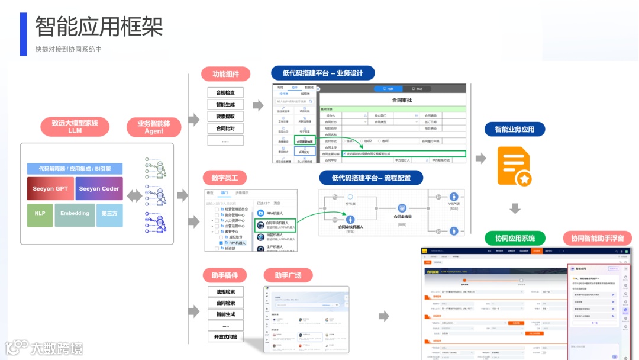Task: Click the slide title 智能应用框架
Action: (x=99, y=27)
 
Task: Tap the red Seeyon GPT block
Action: (x=50, y=189)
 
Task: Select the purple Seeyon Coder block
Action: (x=99, y=189)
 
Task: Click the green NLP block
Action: (x=40, y=214)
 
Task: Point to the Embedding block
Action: (x=75, y=214)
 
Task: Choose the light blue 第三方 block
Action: (x=109, y=214)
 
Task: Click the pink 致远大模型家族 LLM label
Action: (x=75, y=127)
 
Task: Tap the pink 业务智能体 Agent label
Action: (x=154, y=127)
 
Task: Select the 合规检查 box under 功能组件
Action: (x=225, y=93)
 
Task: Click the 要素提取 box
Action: (x=225, y=117)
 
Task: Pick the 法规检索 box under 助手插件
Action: (x=225, y=291)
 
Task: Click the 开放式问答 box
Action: (x=225, y=337)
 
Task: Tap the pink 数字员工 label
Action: (x=225, y=178)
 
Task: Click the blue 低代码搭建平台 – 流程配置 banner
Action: (x=372, y=178)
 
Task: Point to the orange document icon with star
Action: (x=514, y=167)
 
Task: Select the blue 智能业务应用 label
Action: (x=514, y=129)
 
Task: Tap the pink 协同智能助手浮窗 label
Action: (x=597, y=238)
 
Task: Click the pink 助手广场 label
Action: (x=288, y=275)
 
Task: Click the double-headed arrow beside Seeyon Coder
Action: (x=135, y=195)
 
